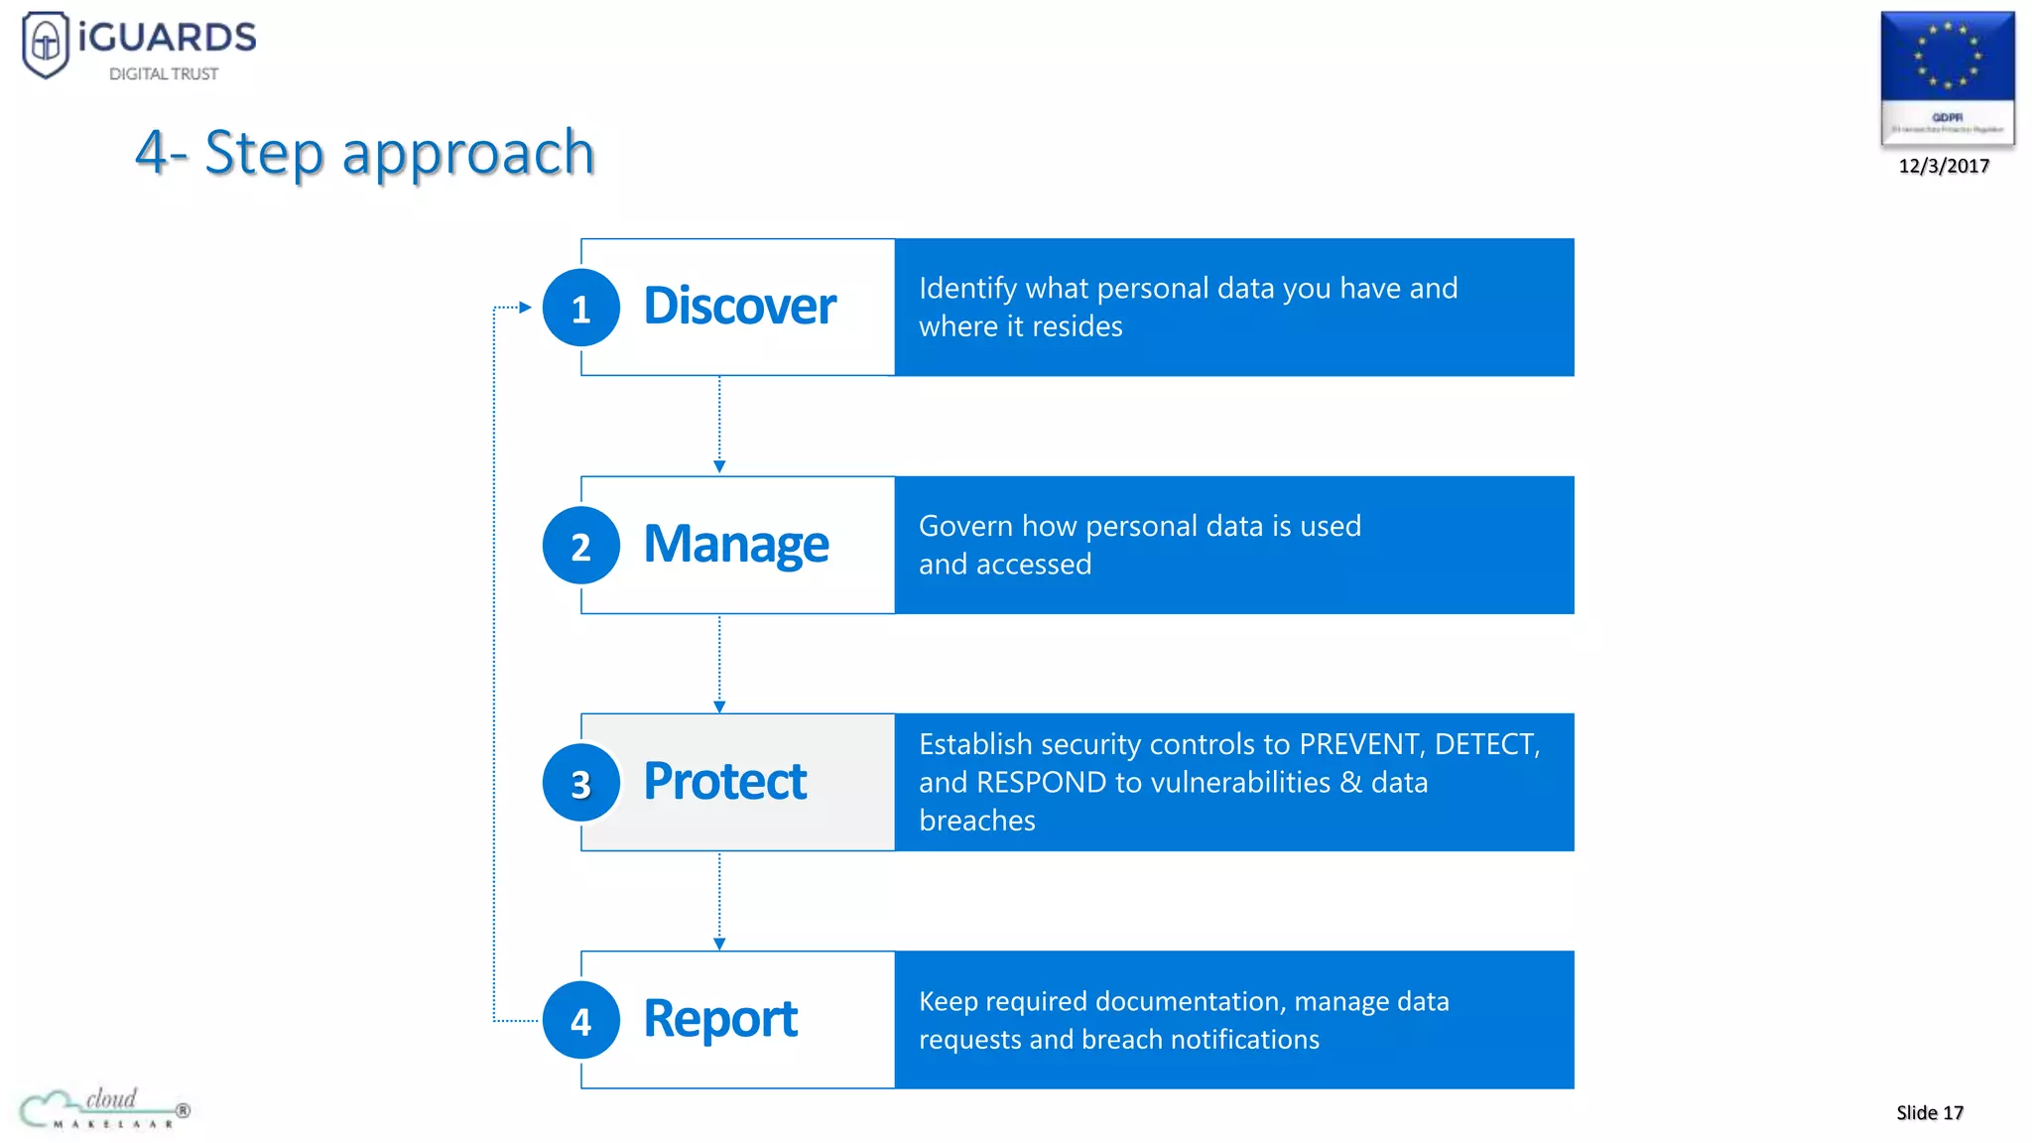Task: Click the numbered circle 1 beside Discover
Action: pos(581,308)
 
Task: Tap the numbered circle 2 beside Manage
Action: pos(581,546)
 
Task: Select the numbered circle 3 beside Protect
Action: pos(581,783)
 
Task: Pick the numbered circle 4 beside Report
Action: pos(581,1020)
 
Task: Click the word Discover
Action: pos(739,306)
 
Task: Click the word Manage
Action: pos(735,544)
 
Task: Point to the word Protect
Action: pos(724,781)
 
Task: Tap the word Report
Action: pos(720,1019)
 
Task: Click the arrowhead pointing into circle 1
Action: pos(525,308)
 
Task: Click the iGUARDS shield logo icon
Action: pos(46,44)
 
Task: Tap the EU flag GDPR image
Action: pos(1947,77)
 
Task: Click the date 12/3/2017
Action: pos(1944,166)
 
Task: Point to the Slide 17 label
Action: pos(1929,1112)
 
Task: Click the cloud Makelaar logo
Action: pos(104,1108)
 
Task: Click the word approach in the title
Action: pos(468,154)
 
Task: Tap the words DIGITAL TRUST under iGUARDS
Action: pos(164,74)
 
